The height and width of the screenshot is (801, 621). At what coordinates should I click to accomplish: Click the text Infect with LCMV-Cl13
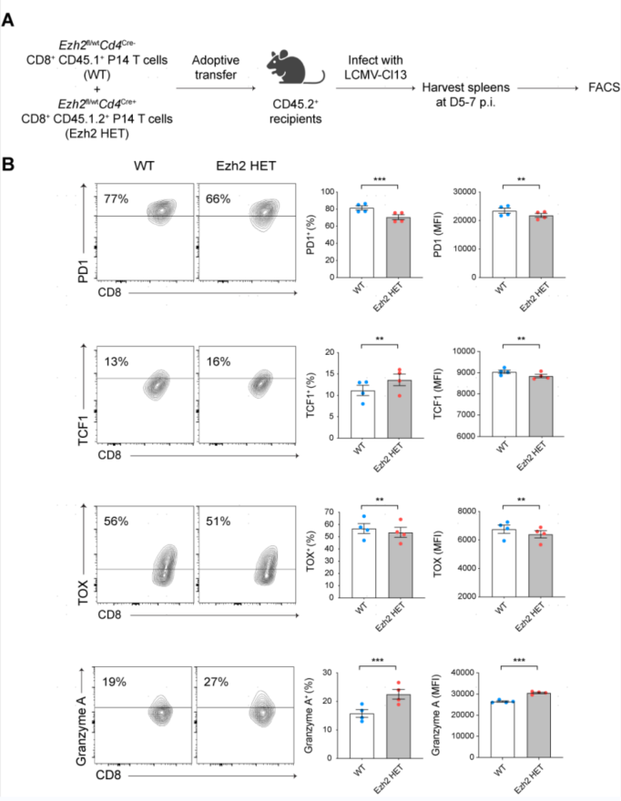point(369,66)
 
